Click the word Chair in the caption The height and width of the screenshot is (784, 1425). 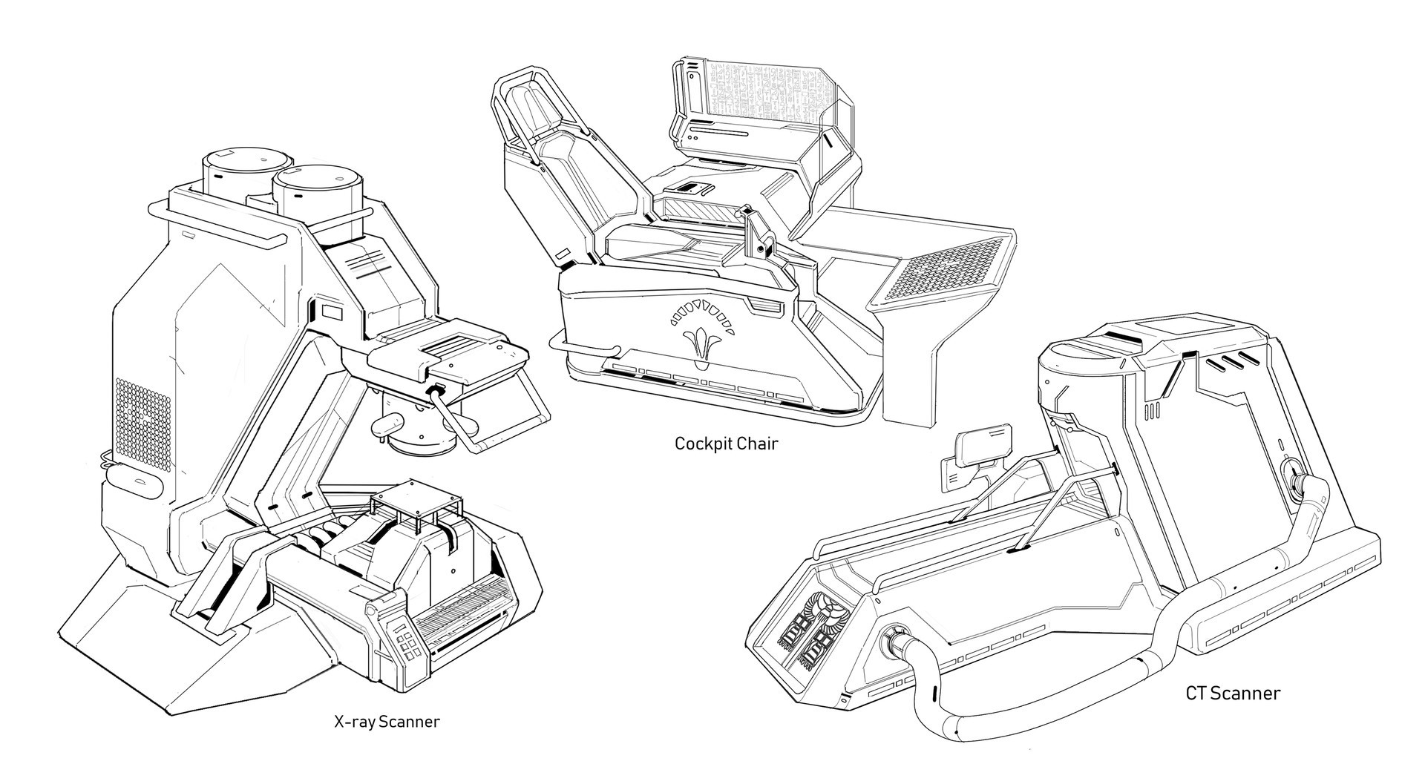pyautogui.click(x=759, y=444)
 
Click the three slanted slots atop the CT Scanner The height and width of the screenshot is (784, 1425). pyautogui.click(x=1228, y=363)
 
